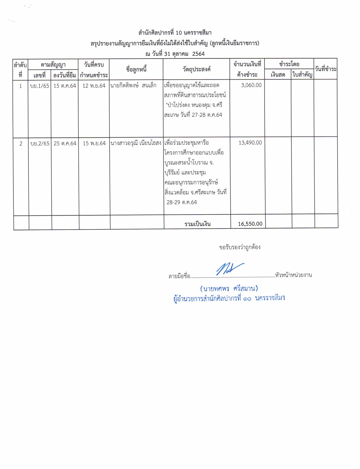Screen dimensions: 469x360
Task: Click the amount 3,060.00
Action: click(x=251, y=85)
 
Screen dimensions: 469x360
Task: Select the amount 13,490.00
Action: click(x=250, y=143)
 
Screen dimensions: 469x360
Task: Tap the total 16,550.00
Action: click(x=250, y=224)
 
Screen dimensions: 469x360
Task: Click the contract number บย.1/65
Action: click(x=40, y=86)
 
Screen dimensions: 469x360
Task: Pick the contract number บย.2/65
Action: click(x=40, y=143)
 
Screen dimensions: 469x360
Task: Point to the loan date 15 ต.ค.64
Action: click(x=65, y=86)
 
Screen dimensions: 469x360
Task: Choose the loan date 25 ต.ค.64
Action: click(x=65, y=143)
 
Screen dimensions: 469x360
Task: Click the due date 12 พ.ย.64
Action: click(x=94, y=86)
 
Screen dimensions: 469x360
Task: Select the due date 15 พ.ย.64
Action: click(x=94, y=143)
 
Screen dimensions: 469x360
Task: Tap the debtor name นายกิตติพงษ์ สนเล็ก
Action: click(x=133, y=85)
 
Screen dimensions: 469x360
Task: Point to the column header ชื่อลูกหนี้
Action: click(x=136, y=69)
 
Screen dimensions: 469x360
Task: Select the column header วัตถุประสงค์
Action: click(x=196, y=69)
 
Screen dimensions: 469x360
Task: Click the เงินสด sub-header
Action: click(x=278, y=75)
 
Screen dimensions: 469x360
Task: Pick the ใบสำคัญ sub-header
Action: click(x=302, y=75)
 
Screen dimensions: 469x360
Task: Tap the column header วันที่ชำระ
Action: click(x=326, y=69)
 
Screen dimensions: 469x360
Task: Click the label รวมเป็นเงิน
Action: click(x=198, y=224)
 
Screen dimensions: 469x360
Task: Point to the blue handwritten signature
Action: click(x=229, y=269)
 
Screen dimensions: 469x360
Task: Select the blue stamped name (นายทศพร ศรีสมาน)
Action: click(x=229, y=289)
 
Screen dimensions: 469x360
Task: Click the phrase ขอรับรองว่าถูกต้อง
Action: click(x=240, y=247)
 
